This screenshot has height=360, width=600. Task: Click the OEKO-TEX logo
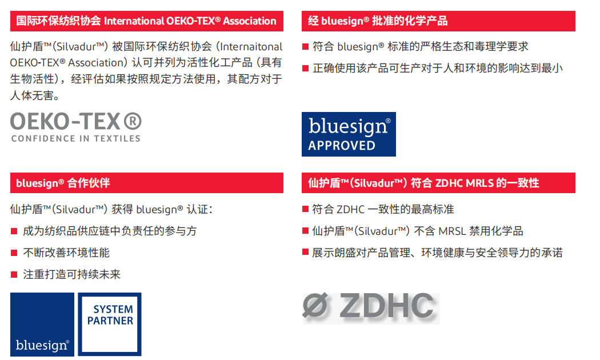point(75,127)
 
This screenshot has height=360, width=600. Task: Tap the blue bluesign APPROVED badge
point(349,134)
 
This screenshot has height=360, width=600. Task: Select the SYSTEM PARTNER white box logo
point(110,324)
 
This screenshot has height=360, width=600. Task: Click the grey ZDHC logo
point(371,307)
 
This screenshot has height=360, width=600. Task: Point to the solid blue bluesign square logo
point(42,324)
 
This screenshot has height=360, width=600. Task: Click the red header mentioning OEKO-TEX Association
point(146,22)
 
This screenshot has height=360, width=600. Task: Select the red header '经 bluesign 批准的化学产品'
point(438,22)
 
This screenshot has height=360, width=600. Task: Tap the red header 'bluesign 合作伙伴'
point(146,183)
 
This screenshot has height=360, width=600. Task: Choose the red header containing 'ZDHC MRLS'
point(438,183)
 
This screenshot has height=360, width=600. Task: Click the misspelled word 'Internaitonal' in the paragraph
point(251,47)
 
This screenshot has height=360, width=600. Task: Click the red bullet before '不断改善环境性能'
point(14,253)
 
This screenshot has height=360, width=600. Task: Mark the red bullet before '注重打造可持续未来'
point(14,274)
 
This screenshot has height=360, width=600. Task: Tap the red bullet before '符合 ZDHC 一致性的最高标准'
point(305,209)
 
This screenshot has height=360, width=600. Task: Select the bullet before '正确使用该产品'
point(305,68)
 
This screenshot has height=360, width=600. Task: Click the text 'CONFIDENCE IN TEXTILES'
point(75,138)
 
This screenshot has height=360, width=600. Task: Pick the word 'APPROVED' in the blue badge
point(342,145)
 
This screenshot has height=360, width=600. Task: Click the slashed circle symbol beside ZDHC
point(315,307)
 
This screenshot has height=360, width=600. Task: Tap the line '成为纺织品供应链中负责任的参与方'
point(109,231)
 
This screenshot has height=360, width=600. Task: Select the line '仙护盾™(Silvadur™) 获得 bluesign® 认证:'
point(111,209)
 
